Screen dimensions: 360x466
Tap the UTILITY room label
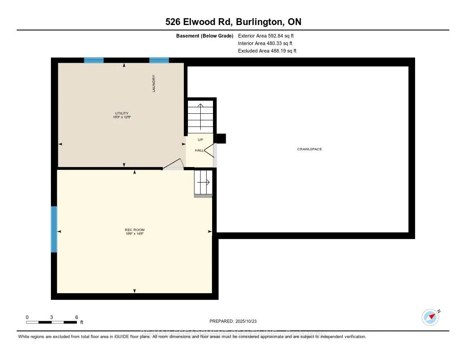[x=122, y=113]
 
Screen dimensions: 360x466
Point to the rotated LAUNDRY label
[x=154, y=84]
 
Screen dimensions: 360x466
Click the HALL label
[x=199, y=150]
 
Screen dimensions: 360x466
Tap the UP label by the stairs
[x=200, y=140]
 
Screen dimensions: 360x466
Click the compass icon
[x=431, y=317]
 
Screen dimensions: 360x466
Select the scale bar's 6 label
[x=76, y=317]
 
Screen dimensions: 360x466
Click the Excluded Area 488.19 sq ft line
[x=267, y=51]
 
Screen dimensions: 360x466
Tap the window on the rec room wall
[x=54, y=229]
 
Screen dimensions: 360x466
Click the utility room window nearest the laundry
[x=159, y=60]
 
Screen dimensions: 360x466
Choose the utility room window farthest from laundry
[x=94, y=60]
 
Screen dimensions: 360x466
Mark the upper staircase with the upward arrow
[x=200, y=117]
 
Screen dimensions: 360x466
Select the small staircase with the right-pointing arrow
[x=203, y=182]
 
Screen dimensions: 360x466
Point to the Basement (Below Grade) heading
[x=205, y=35]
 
